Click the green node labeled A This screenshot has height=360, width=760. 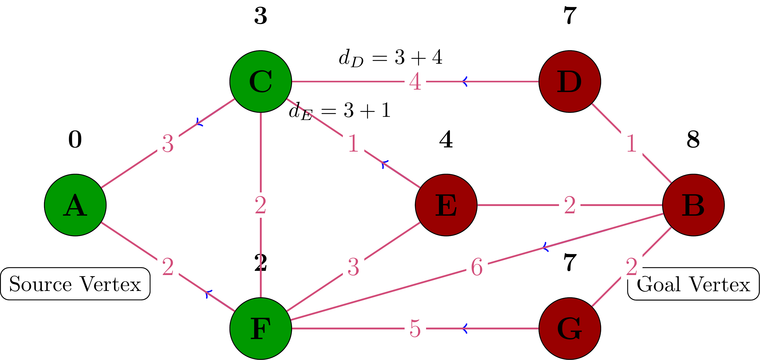click(x=75, y=205)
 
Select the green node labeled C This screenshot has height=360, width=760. click(x=260, y=81)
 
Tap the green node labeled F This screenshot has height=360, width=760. click(x=260, y=328)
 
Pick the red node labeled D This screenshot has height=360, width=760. click(x=569, y=81)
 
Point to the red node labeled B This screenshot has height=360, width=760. click(x=693, y=205)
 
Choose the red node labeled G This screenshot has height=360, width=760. click(x=569, y=328)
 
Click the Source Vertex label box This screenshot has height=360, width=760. click(x=75, y=284)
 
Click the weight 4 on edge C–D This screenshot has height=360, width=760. click(x=415, y=82)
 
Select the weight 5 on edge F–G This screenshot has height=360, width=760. click(x=415, y=328)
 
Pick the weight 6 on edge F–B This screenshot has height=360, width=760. click(x=477, y=267)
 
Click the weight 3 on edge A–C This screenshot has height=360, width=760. click(x=168, y=144)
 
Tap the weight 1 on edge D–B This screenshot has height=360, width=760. click(x=631, y=144)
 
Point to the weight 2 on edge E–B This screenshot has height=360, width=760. click(x=569, y=205)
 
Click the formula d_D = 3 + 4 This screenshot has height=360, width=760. click(x=390, y=57)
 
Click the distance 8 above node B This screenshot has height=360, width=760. click(x=693, y=139)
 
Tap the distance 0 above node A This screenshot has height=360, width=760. click(x=75, y=139)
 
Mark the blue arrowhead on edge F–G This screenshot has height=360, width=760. click(x=465, y=328)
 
